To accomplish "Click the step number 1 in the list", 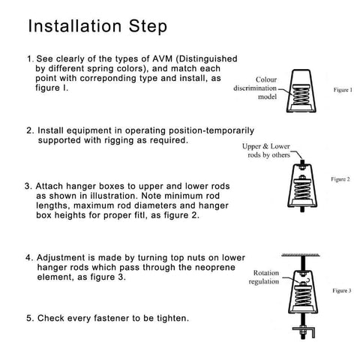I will tap(29, 57).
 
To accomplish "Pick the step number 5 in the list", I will tap(29, 318).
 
